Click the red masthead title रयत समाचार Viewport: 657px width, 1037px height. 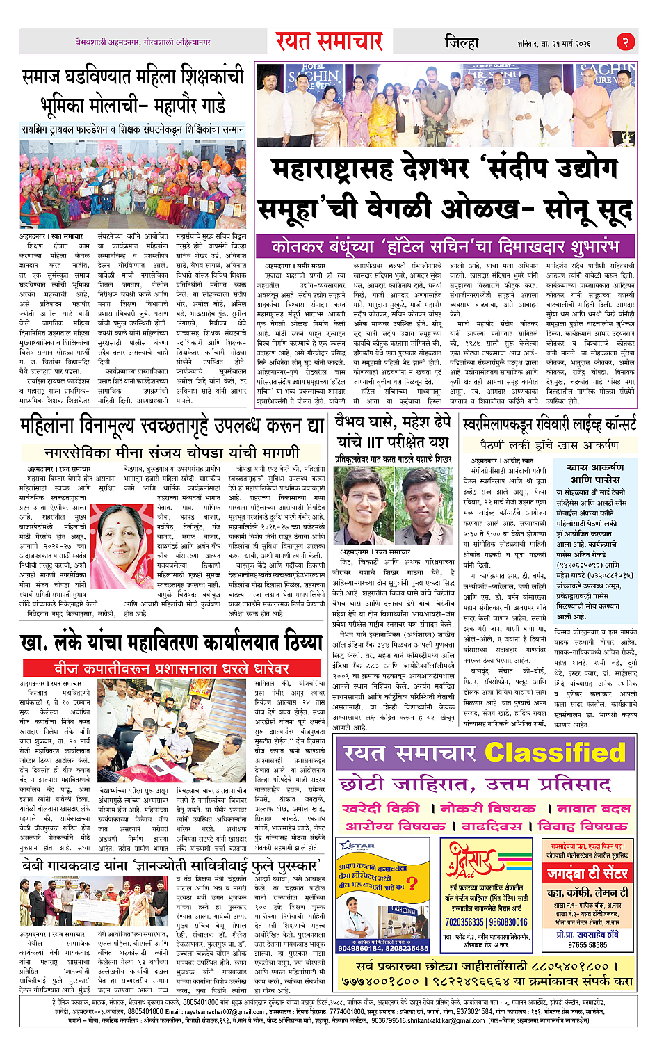(x=329, y=41)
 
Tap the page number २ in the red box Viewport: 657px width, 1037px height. (x=625, y=42)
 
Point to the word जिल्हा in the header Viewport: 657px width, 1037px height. (x=462, y=42)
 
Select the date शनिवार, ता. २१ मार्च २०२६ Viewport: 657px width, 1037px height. (x=553, y=43)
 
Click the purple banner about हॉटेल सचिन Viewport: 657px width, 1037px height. (x=445, y=246)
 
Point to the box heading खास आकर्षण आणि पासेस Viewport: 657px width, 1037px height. (x=595, y=473)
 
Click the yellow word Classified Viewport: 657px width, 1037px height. (x=554, y=753)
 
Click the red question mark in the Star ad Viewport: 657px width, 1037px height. (x=412, y=883)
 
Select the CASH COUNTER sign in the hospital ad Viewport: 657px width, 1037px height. (x=404, y=909)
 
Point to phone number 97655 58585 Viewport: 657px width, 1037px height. (x=587, y=944)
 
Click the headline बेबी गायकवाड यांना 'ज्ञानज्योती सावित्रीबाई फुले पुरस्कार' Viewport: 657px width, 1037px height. (x=171, y=866)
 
